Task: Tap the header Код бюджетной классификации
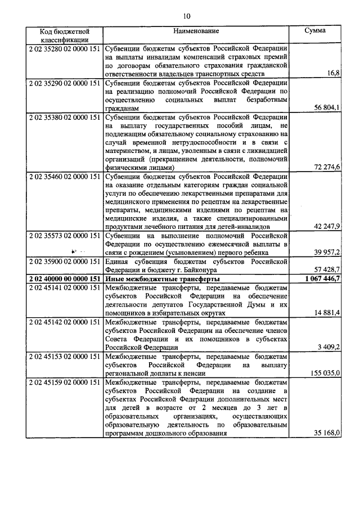pos(65,35)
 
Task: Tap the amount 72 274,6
pos(326,167)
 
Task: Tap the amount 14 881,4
pos(326,312)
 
